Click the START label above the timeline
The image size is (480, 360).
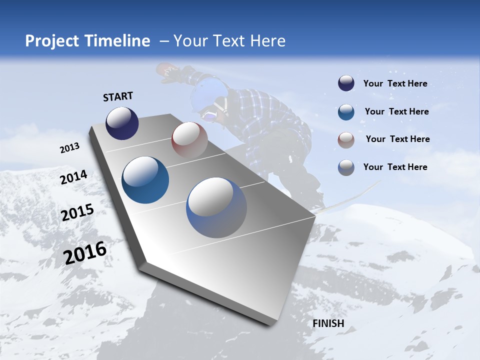118,96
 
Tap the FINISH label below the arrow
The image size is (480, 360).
328,323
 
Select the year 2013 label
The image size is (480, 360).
70,147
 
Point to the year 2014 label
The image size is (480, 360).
73,177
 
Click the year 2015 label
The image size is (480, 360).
77,212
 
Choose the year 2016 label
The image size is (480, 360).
85,252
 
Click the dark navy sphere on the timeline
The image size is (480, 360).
122,123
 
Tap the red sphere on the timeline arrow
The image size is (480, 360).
189,139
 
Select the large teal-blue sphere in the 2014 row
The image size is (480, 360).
145,180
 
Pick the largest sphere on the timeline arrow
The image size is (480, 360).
216,207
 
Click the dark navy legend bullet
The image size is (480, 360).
346,83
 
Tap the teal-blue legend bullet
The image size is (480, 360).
346,111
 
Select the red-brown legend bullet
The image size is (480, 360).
346,139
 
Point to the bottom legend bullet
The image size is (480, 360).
346,167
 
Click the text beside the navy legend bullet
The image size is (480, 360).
395,83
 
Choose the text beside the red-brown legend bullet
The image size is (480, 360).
397,139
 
